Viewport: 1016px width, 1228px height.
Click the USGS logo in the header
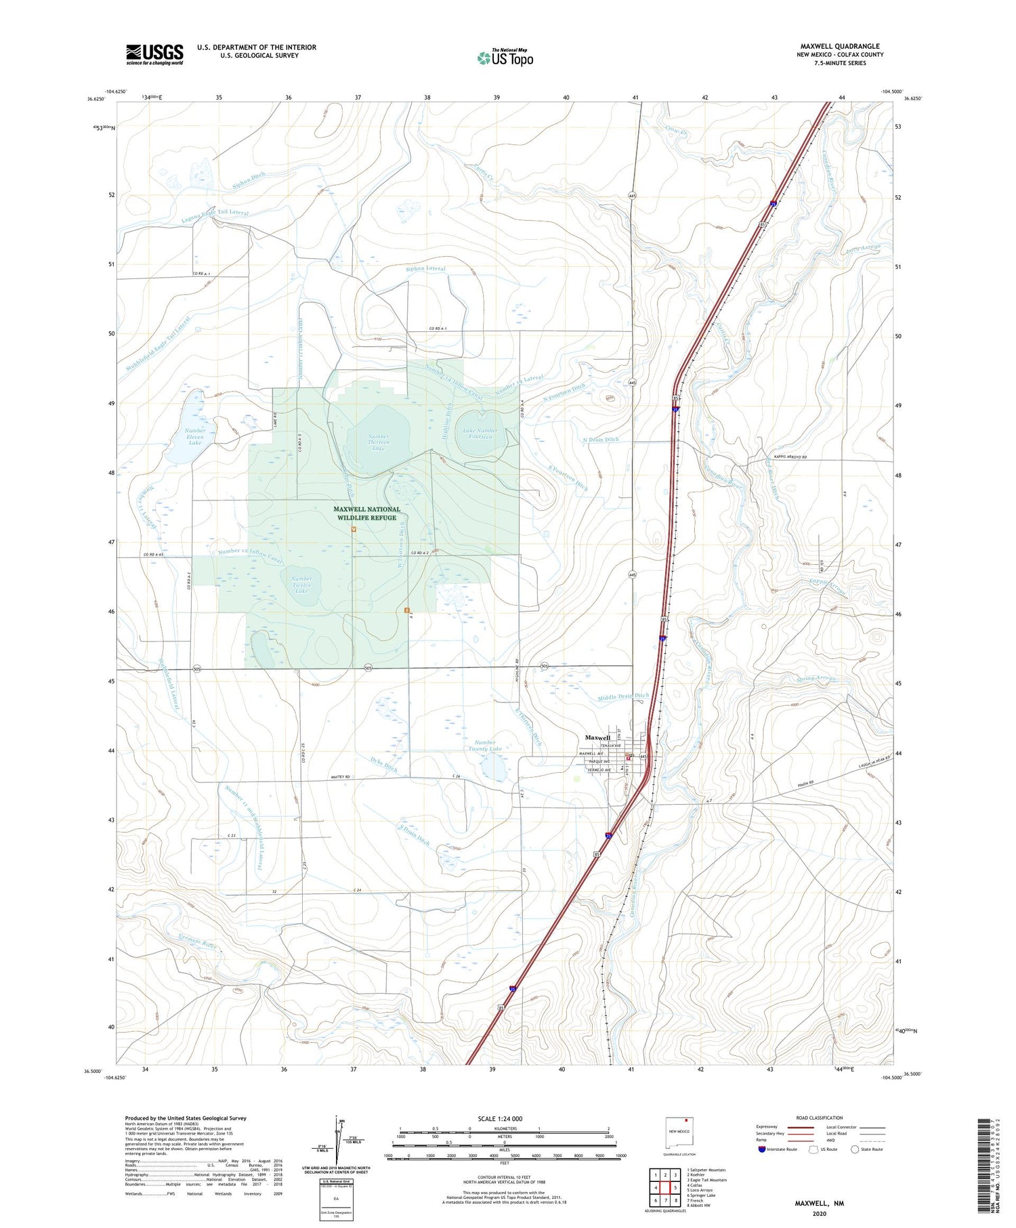pos(154,54)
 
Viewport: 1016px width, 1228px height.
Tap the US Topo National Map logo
pos(505,58)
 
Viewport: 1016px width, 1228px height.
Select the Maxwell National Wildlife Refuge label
pos(366,513)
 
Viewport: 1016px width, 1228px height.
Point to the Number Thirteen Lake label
pos(378,442)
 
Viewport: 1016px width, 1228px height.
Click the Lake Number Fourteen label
pos(481,433)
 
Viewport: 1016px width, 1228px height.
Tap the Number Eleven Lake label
pos(195,436)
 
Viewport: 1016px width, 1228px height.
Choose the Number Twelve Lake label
pos(301,585)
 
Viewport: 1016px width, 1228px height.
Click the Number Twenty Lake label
pos(485,746)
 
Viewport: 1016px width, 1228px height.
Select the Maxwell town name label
pos(597,738)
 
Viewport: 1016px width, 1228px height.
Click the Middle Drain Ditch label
pos(623,696)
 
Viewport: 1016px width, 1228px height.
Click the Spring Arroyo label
pos(816,678)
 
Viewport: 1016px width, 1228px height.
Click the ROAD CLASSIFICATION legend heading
pos(820,1118)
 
